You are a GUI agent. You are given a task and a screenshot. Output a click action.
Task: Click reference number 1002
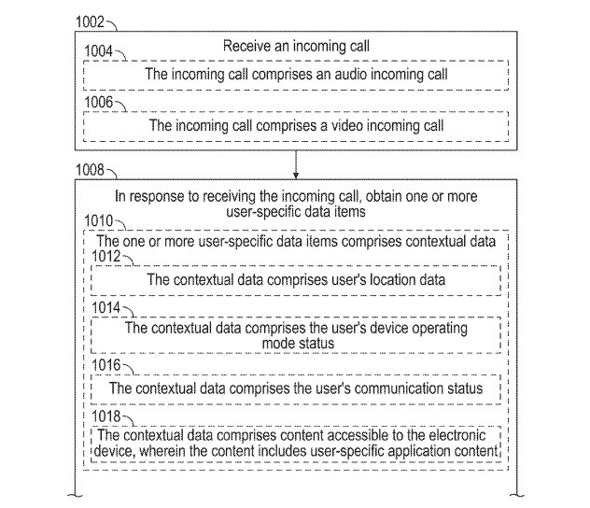[x=91, y=19]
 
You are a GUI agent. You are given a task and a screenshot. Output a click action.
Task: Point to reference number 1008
[x=91, y=172]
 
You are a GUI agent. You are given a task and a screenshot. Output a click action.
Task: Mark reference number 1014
[x=108, y=309]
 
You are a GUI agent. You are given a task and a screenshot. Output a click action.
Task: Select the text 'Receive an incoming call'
[x=295, y=45]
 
